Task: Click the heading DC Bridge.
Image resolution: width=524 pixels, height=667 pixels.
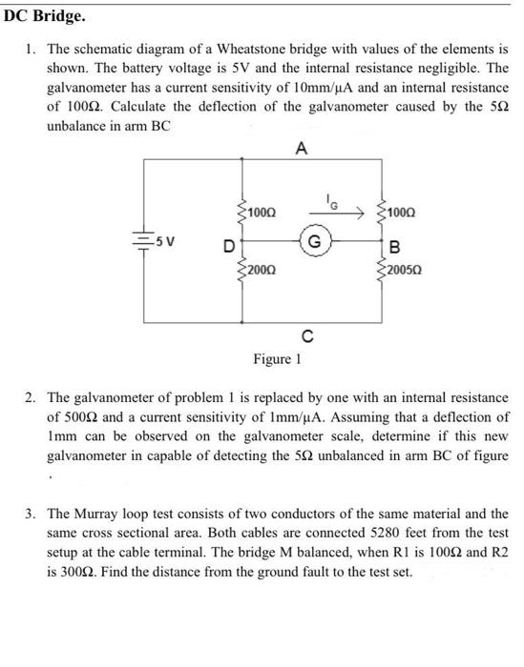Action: click(x=43, y=16)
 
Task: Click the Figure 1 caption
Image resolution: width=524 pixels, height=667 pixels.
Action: click(x=277, y=360)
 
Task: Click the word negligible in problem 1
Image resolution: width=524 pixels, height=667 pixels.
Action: click(x=448, y=68)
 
